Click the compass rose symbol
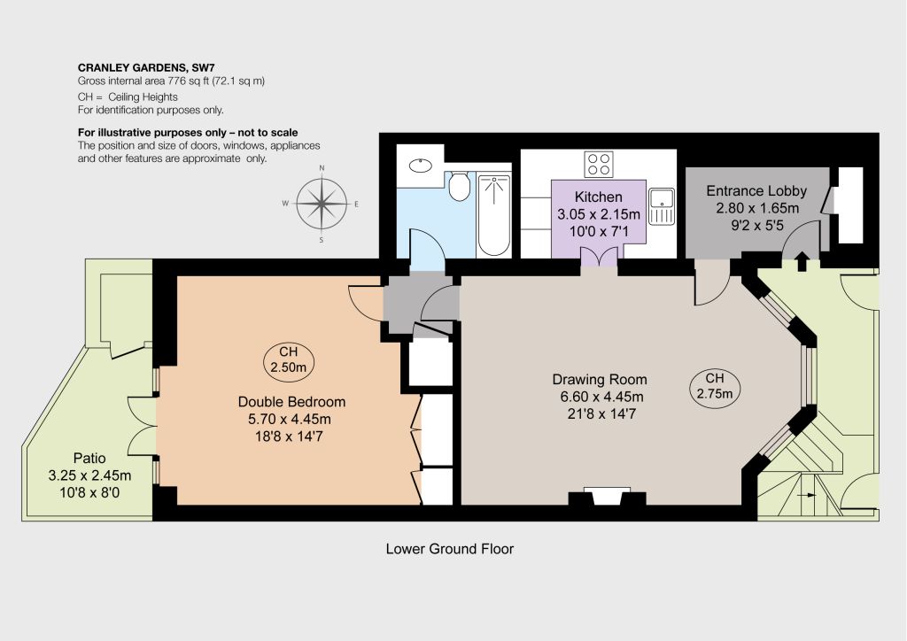(x=322, y=204)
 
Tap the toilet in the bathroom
(x=460, y=186)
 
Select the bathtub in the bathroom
(x=493, y=215)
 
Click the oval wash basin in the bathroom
(x=421, y=166)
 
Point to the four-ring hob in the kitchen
(x=599, y=164)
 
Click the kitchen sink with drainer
(x=661, y=205)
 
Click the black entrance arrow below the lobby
(x=802, y=261)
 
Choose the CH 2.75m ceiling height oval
(x=715, y=385)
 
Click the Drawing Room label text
(x=600, y=379)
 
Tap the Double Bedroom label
(x=291, y=401)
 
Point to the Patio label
(x=89, y=458)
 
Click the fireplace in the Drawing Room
(x=607, y=497)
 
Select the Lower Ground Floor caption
(x=449, y=549)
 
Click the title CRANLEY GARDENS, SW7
(x=146, y=67)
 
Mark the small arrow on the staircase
(x=806, y=495)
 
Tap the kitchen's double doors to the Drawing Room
(x=599, y=257)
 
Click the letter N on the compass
(x=322, y=167)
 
